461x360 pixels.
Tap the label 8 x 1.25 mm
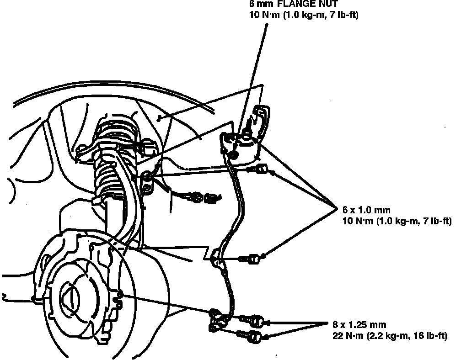pos(359,325)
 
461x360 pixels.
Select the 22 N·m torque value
pos(350,336)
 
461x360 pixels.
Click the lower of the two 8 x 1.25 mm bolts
pos(254,338)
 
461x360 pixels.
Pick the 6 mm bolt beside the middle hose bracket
pos(253,259)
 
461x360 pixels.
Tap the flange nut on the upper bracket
pos(234,155)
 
